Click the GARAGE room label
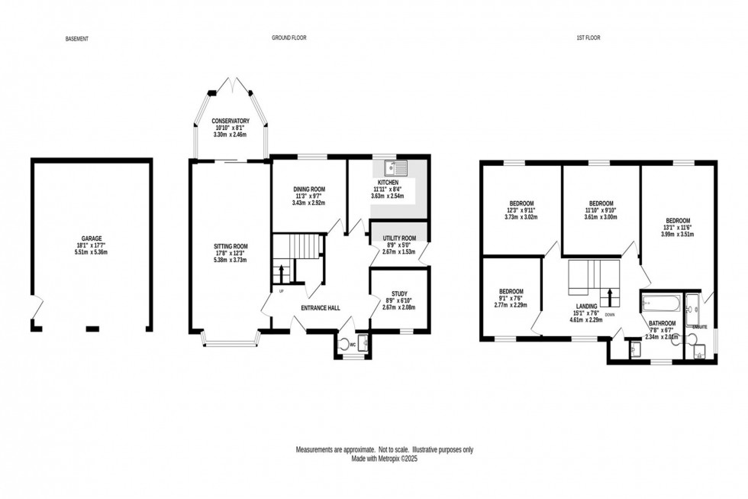92,238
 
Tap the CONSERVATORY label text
231,121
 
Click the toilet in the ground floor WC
343,342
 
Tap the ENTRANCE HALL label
320,309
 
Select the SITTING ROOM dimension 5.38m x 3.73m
231,259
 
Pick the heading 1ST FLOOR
588,37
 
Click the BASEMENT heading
77,37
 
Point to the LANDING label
587,304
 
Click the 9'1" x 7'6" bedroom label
511,291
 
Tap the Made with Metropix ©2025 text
385,458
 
